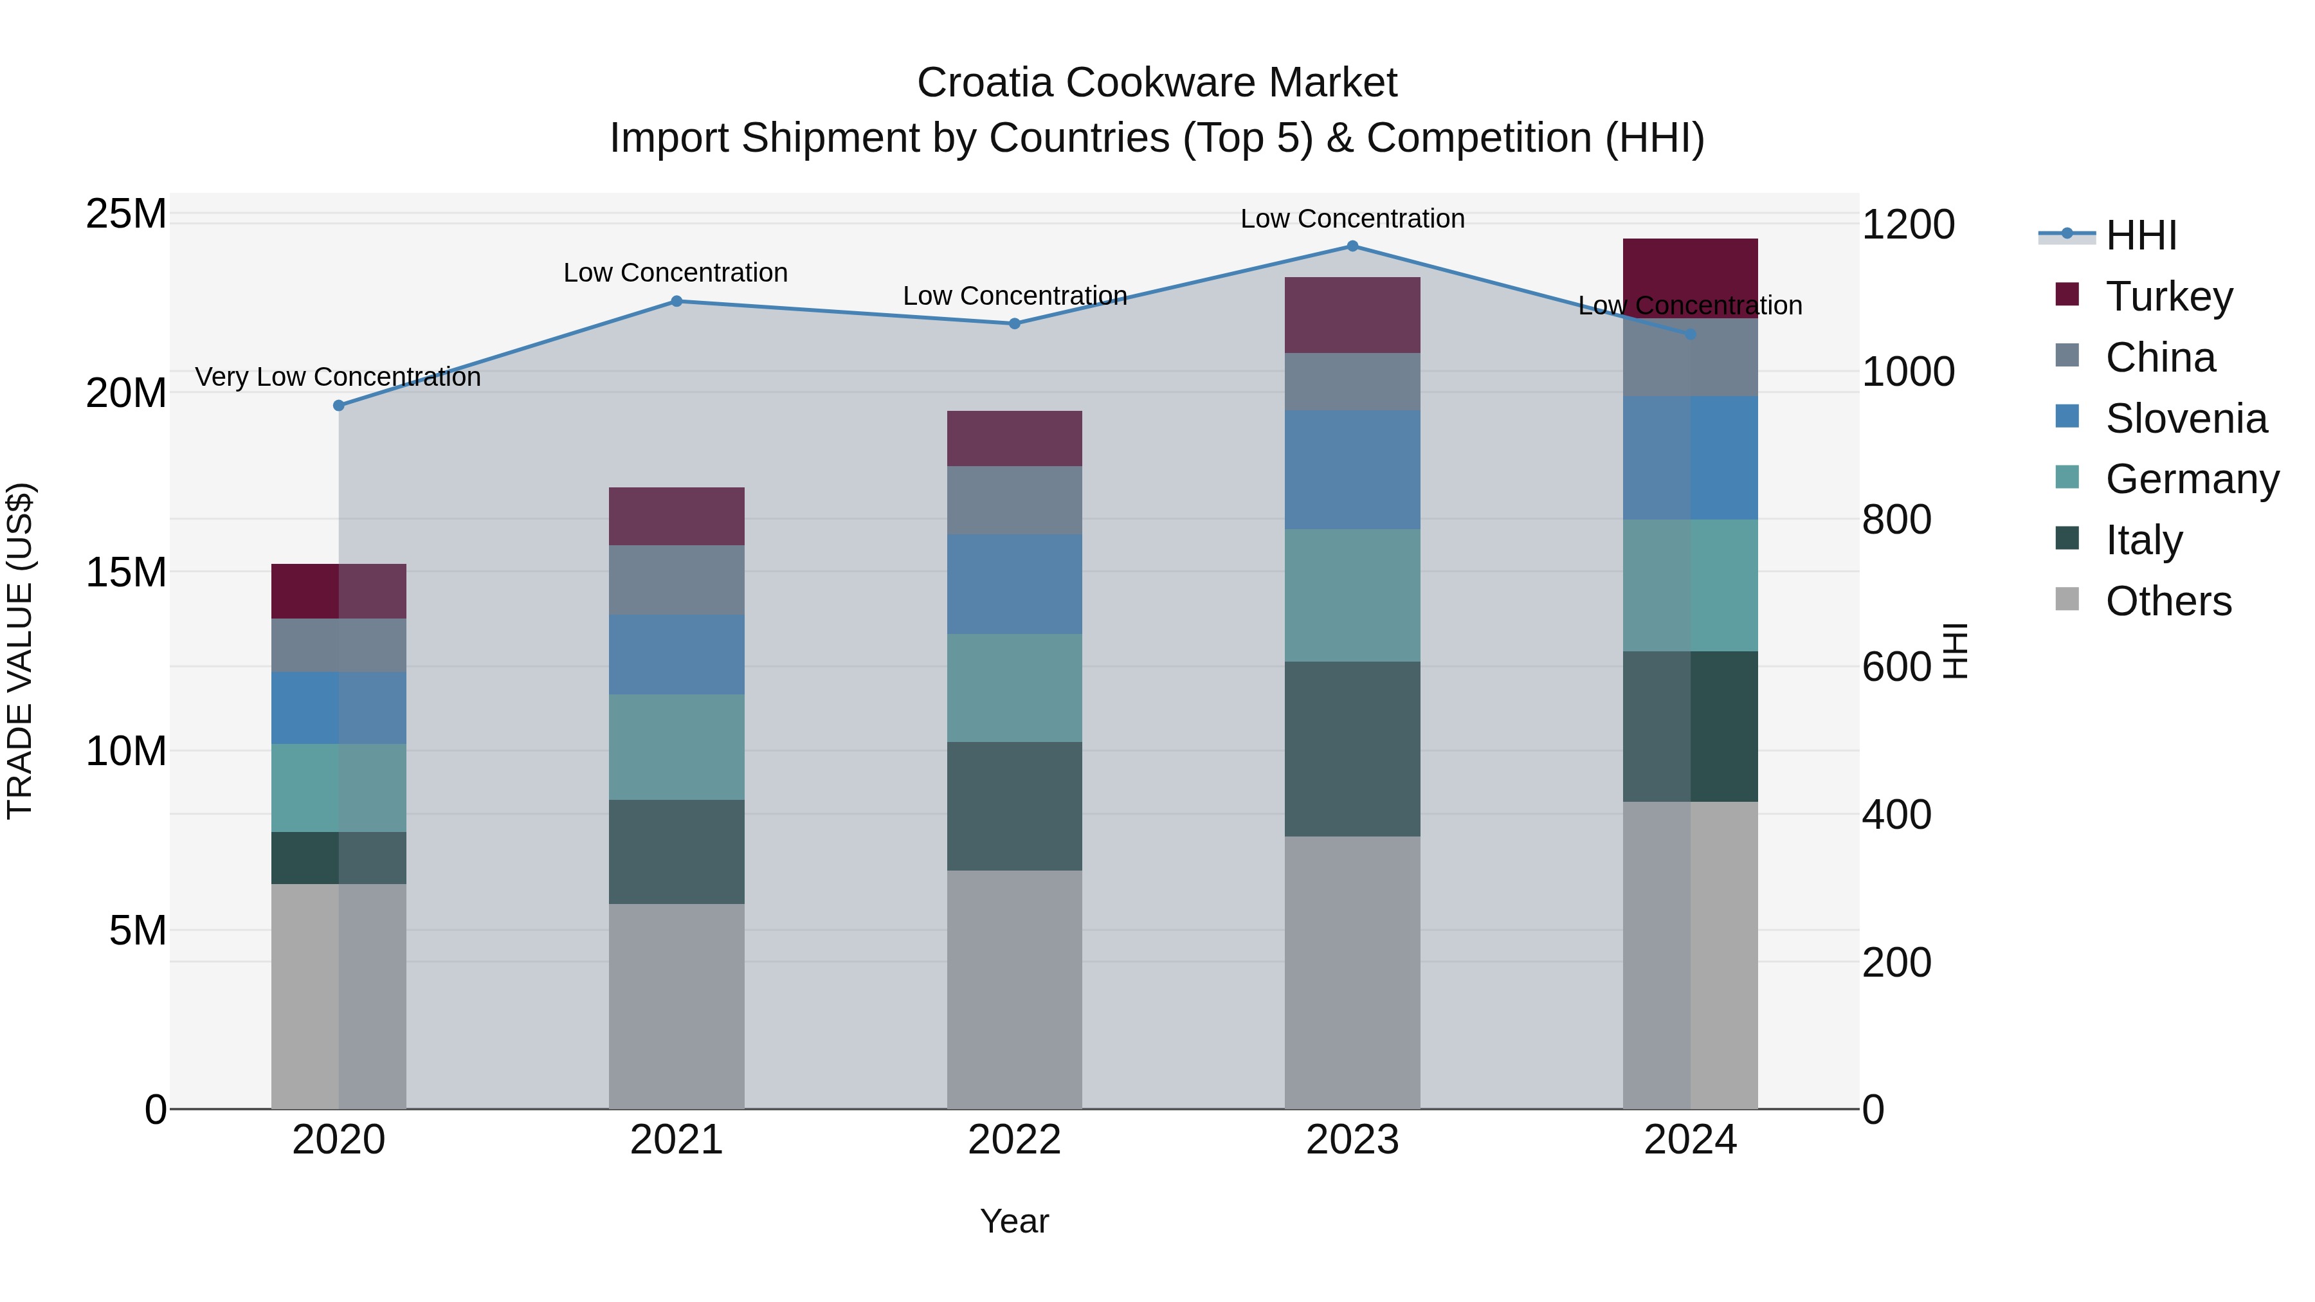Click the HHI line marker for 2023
pyautogui.click(x=1352, y=246)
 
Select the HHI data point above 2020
pyautogui.click(x=339, y=405)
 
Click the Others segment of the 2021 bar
pyautogui.click(x=676, y=1006)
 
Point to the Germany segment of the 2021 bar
pyautogui.click(x=676, y=746)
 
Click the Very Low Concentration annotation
pyautogui.click(x=338, y=377)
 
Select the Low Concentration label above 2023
pyautogui.click(x=1352, y=219)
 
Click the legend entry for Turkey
pyautogui.click(x=2168, y=296)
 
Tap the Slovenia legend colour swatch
pyautogui.click(x=2067, y=417)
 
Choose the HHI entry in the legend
pyautogui.click(x=2141, y=235)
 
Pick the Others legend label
pyautogui.click(x=2168, y=601)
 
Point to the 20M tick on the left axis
pyautogui.click(x=126, y=393)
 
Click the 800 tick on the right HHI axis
pyautogui.click(x=1896, y=520)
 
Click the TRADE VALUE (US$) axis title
pyautogui.click(x=20, y=651)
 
